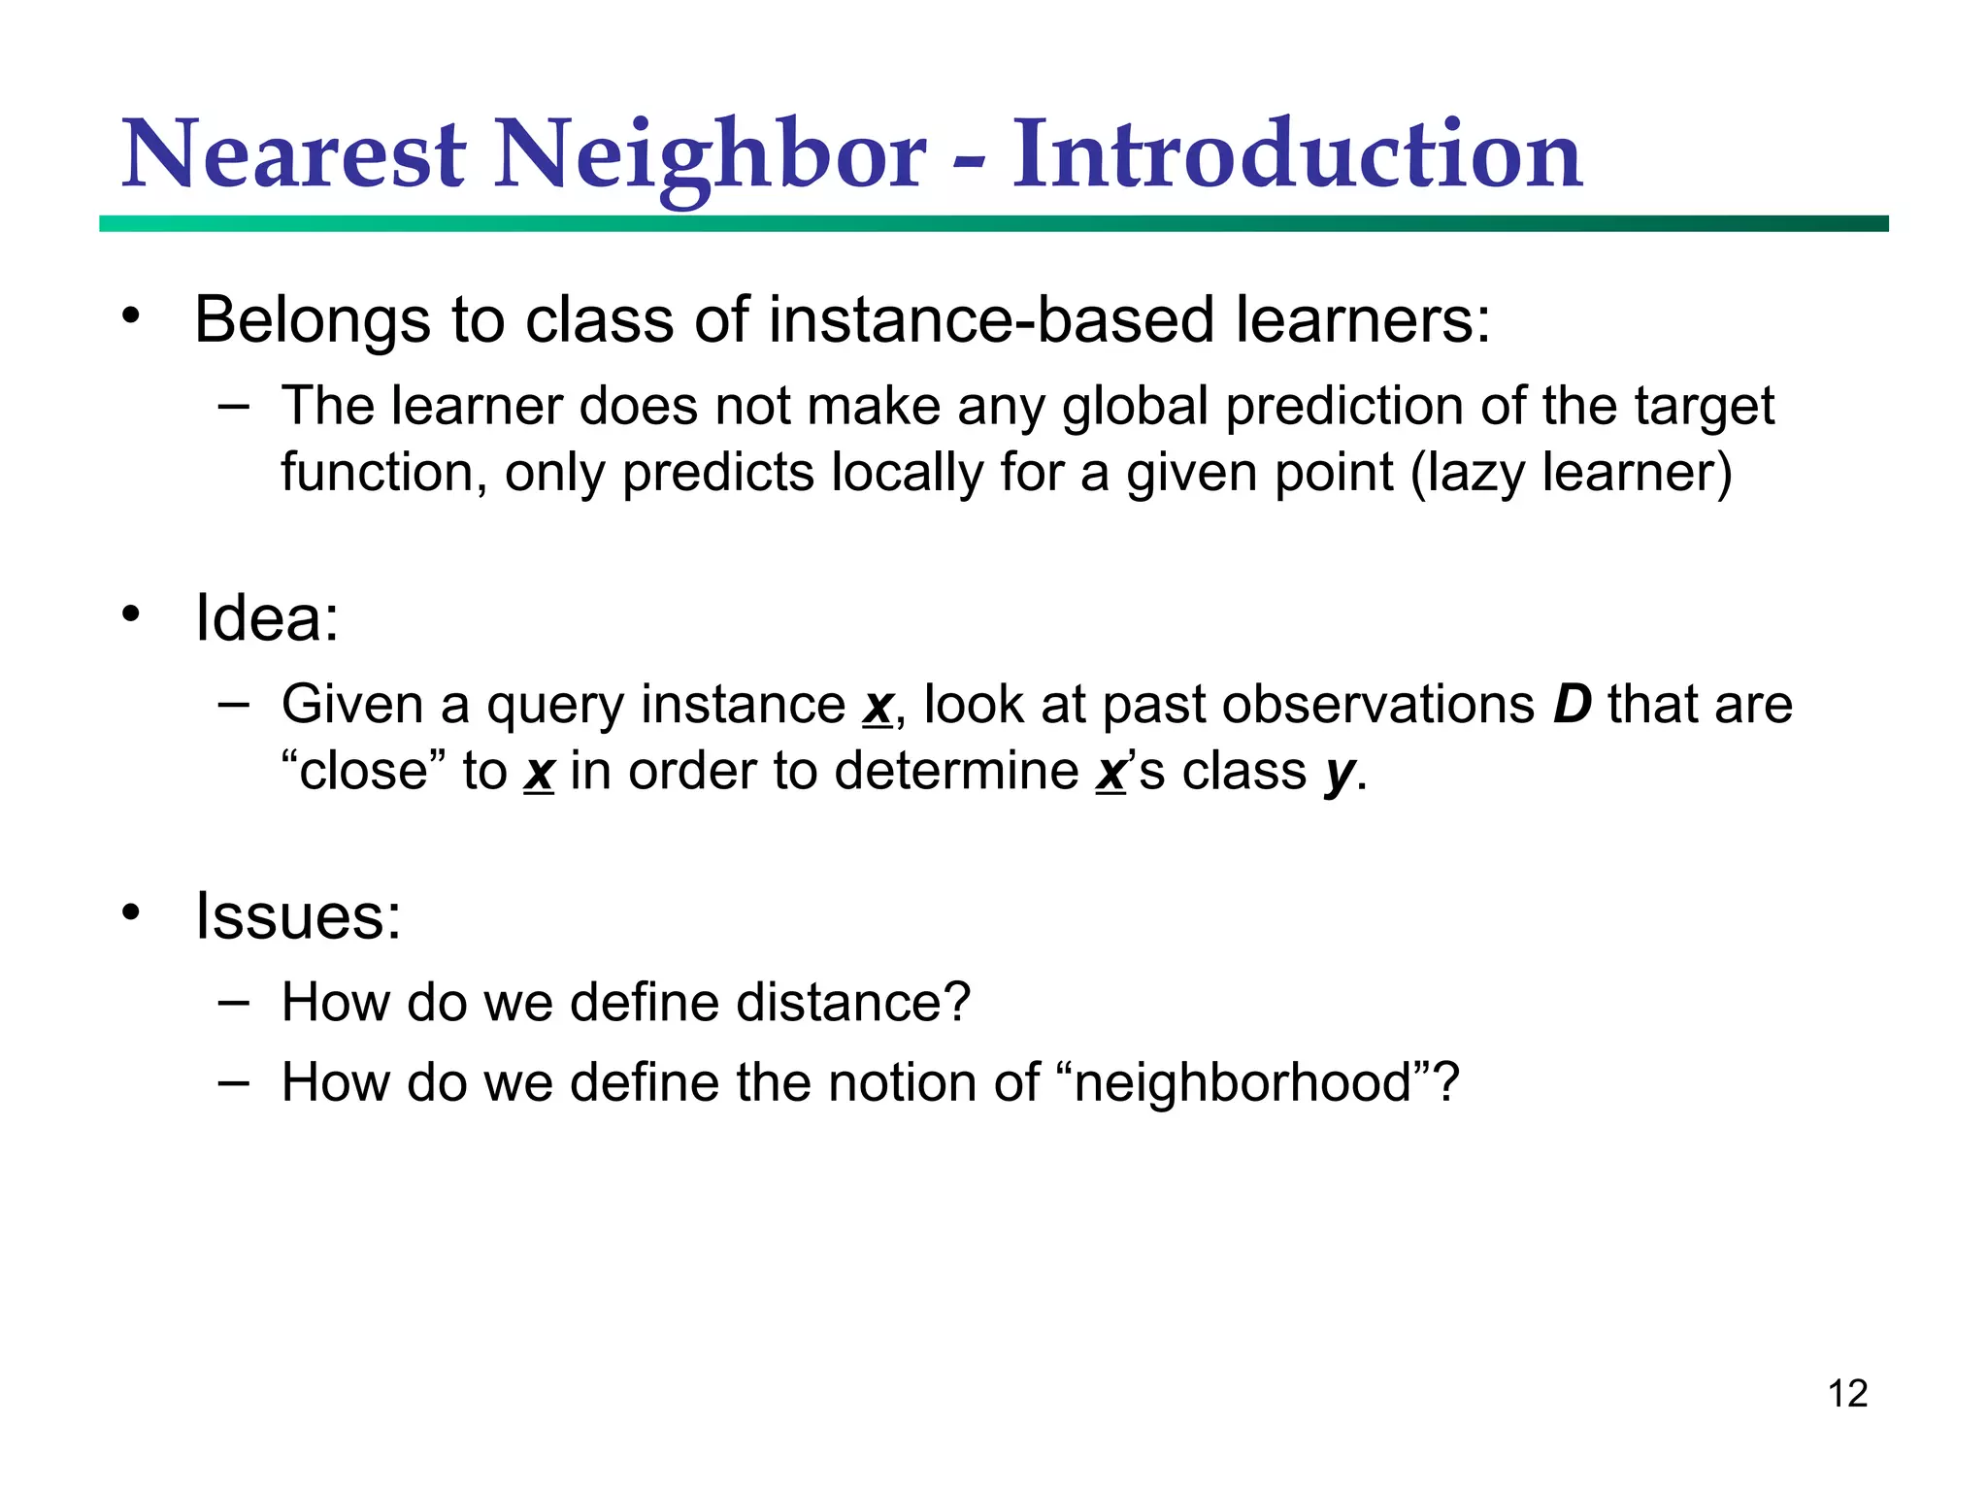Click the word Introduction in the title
pos(1297,155)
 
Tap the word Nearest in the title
pos(294,155)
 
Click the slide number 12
pos(1847,1394)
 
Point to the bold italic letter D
pos(1572,705)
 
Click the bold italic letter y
pos(1340,774)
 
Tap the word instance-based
pos(991,319)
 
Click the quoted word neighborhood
pos(1242,1082)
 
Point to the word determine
pos(956,772)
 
